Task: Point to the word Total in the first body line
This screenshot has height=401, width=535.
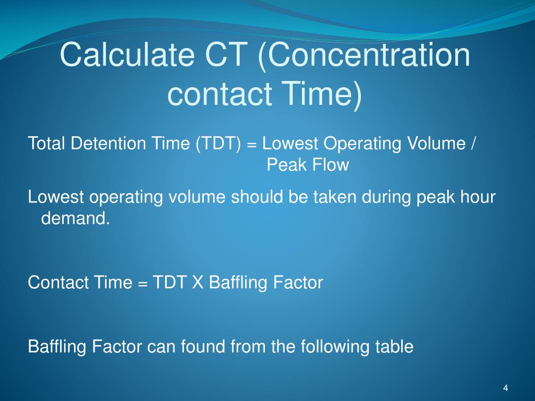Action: coord(47,143)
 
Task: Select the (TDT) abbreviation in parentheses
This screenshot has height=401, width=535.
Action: coord(218,143)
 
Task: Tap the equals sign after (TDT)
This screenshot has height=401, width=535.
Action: coord(251,144)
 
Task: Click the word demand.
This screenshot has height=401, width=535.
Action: coord(76,219)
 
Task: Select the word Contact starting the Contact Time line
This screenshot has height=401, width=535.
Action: coord(58,282)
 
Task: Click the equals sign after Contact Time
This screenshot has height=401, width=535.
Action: coord(143,284)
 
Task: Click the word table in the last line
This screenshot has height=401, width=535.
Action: coord(394,346)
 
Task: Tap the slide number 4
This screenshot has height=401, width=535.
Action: coord(505,388)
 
